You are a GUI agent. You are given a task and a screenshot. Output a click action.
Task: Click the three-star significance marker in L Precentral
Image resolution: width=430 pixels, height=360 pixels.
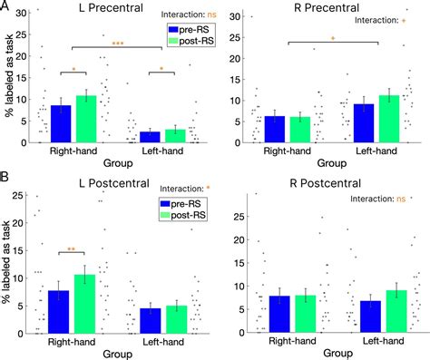[x=118, y=43]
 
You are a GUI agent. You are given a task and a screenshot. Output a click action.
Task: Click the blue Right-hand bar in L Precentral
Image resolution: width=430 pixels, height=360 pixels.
[x=60, y=124]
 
